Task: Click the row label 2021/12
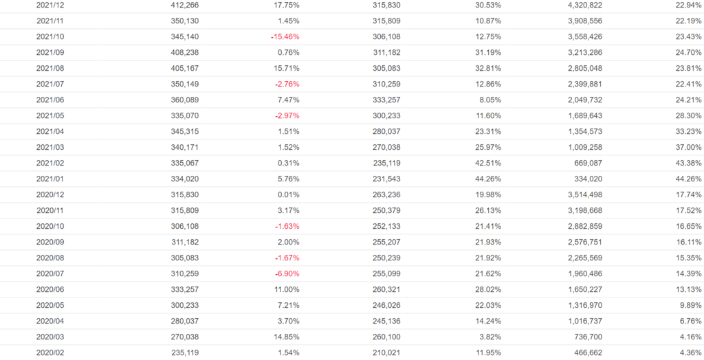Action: pyautogui.click(x=50, y=5)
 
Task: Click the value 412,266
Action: pyautogui.click(x=184, y=5)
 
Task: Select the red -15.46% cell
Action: pyautogui.click(x=285, y=36)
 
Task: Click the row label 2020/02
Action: pyautogui.click(x=50, y=352)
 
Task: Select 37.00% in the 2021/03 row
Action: pyautogui.click(x=687, y=147)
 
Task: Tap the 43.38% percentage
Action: pyautogui.click(x=687, y=163)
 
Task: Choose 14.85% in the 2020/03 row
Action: pyautogui.click(x=285, y=337)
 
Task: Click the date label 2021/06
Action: pyautogui.click(x=50, y=100)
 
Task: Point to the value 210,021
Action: pyautogui.click(x=386, y=352)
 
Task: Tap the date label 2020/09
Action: pyautogui.click(x=50, y=242)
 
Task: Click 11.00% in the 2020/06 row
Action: pyautogui.click(x=285, y=289)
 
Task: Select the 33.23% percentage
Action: pyautogui.click(x=687, y=131)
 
